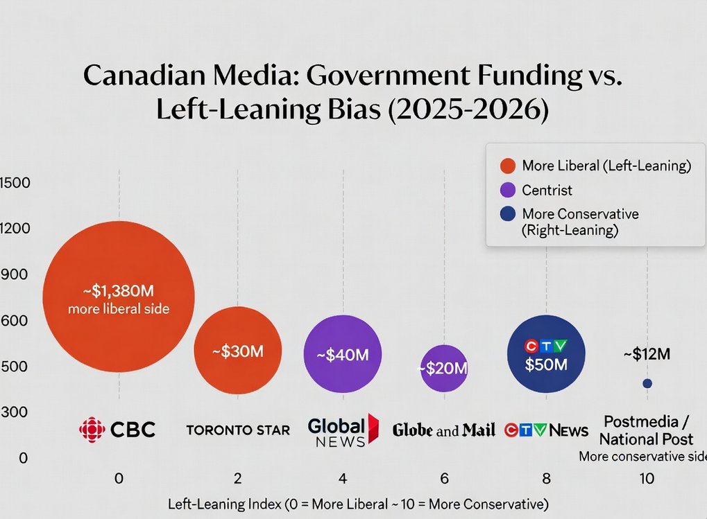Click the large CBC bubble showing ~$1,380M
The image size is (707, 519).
119,297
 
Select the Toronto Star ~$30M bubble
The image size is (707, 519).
238,351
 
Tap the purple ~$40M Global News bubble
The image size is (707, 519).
343,354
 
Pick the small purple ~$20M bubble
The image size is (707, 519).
444,368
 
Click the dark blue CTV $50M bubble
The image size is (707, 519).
546,354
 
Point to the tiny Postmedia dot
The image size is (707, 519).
647,383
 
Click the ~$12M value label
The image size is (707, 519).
647,354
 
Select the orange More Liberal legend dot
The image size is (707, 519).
507,166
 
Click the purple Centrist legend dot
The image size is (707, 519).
507,190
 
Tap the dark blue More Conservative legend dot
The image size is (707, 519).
507,213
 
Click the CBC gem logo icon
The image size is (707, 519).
92,430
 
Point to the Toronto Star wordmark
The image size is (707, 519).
238,430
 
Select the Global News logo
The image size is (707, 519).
343,430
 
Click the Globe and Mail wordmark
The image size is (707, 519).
444,430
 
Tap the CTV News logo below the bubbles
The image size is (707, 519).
546,430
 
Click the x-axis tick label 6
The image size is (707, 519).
444,479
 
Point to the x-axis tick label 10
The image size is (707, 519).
647,479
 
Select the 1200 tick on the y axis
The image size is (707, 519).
14,229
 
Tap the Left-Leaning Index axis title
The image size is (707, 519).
358,504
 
